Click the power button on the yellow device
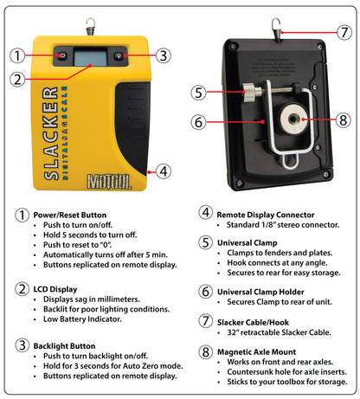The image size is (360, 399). point(62,55)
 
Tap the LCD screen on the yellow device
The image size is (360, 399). point(91,56)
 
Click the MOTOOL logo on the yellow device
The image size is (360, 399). point(109,182)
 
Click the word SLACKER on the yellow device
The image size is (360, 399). point(50,133)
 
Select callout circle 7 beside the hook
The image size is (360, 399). point(344,32)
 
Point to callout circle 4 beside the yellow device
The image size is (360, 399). point(164,171)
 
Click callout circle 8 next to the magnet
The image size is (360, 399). point(344,119)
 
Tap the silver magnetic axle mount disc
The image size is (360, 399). point(292,119)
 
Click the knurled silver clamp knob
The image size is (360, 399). point(248,93)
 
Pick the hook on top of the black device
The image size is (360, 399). point(276,29)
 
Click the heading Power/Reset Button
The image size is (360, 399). point(70,215)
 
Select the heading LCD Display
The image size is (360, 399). point(55,289)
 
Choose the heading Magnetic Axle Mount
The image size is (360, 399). point(256,352)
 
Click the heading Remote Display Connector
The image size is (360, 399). point(266,215)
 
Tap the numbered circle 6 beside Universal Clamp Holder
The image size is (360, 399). point(205,292)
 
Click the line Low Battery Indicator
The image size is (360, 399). point(82,319)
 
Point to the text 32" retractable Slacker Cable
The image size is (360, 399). point(279,332)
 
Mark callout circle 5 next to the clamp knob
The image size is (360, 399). point(198,93)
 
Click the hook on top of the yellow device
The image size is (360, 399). point(91,26)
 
